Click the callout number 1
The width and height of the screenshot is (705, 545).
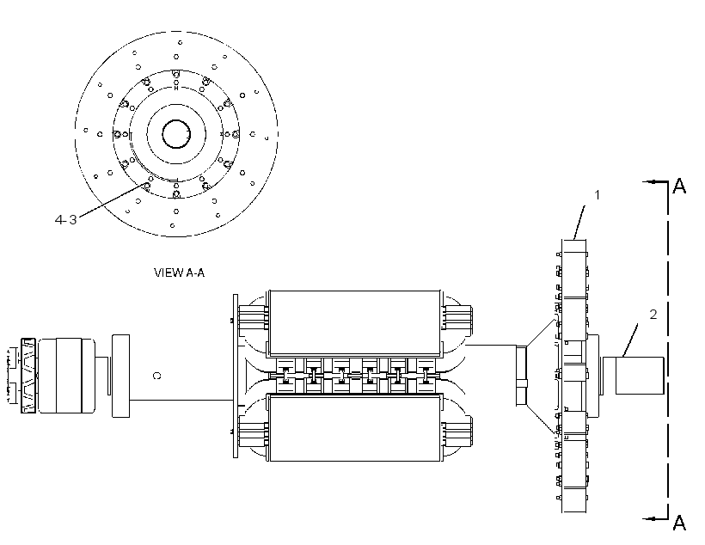point(597,195)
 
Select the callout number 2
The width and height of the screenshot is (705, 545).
point(653,315)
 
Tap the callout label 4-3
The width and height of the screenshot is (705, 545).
point(65,219)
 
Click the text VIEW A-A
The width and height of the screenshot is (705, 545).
point(180,272)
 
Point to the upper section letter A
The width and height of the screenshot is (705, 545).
point(679,186)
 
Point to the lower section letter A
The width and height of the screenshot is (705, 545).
point(679,523)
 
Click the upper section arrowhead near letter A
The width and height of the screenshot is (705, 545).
point(648,181)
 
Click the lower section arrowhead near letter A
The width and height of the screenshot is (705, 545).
point(648,518)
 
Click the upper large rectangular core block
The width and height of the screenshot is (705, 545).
point(355,322)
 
